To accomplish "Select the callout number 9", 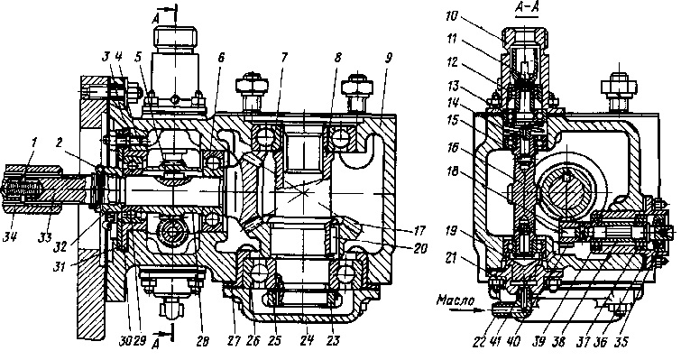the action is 389,58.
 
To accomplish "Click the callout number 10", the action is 452,16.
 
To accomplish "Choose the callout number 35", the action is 622,342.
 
